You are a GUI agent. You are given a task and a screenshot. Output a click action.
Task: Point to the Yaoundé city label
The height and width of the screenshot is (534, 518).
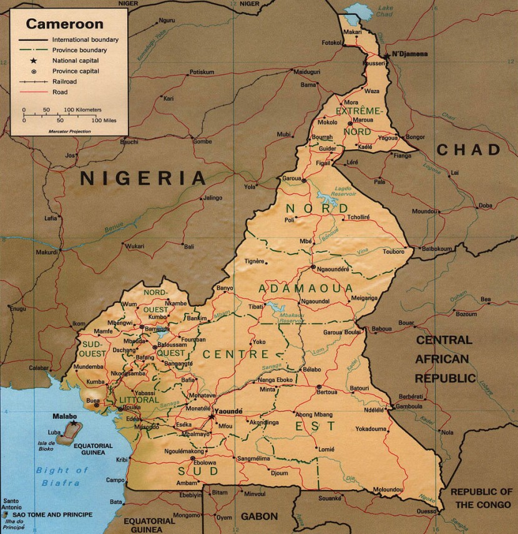coord(228,412)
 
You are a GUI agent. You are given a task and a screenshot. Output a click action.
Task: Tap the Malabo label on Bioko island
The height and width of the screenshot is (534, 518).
coord(65,416)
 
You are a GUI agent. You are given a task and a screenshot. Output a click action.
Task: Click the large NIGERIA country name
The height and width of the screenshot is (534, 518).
coord(143,179)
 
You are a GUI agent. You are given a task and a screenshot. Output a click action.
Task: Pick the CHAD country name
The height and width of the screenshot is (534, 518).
coord(468,150)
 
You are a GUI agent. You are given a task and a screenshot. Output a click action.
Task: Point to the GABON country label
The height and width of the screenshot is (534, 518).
coord(259,516)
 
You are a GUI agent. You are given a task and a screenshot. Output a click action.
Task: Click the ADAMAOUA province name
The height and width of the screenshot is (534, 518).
coord(305,288)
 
